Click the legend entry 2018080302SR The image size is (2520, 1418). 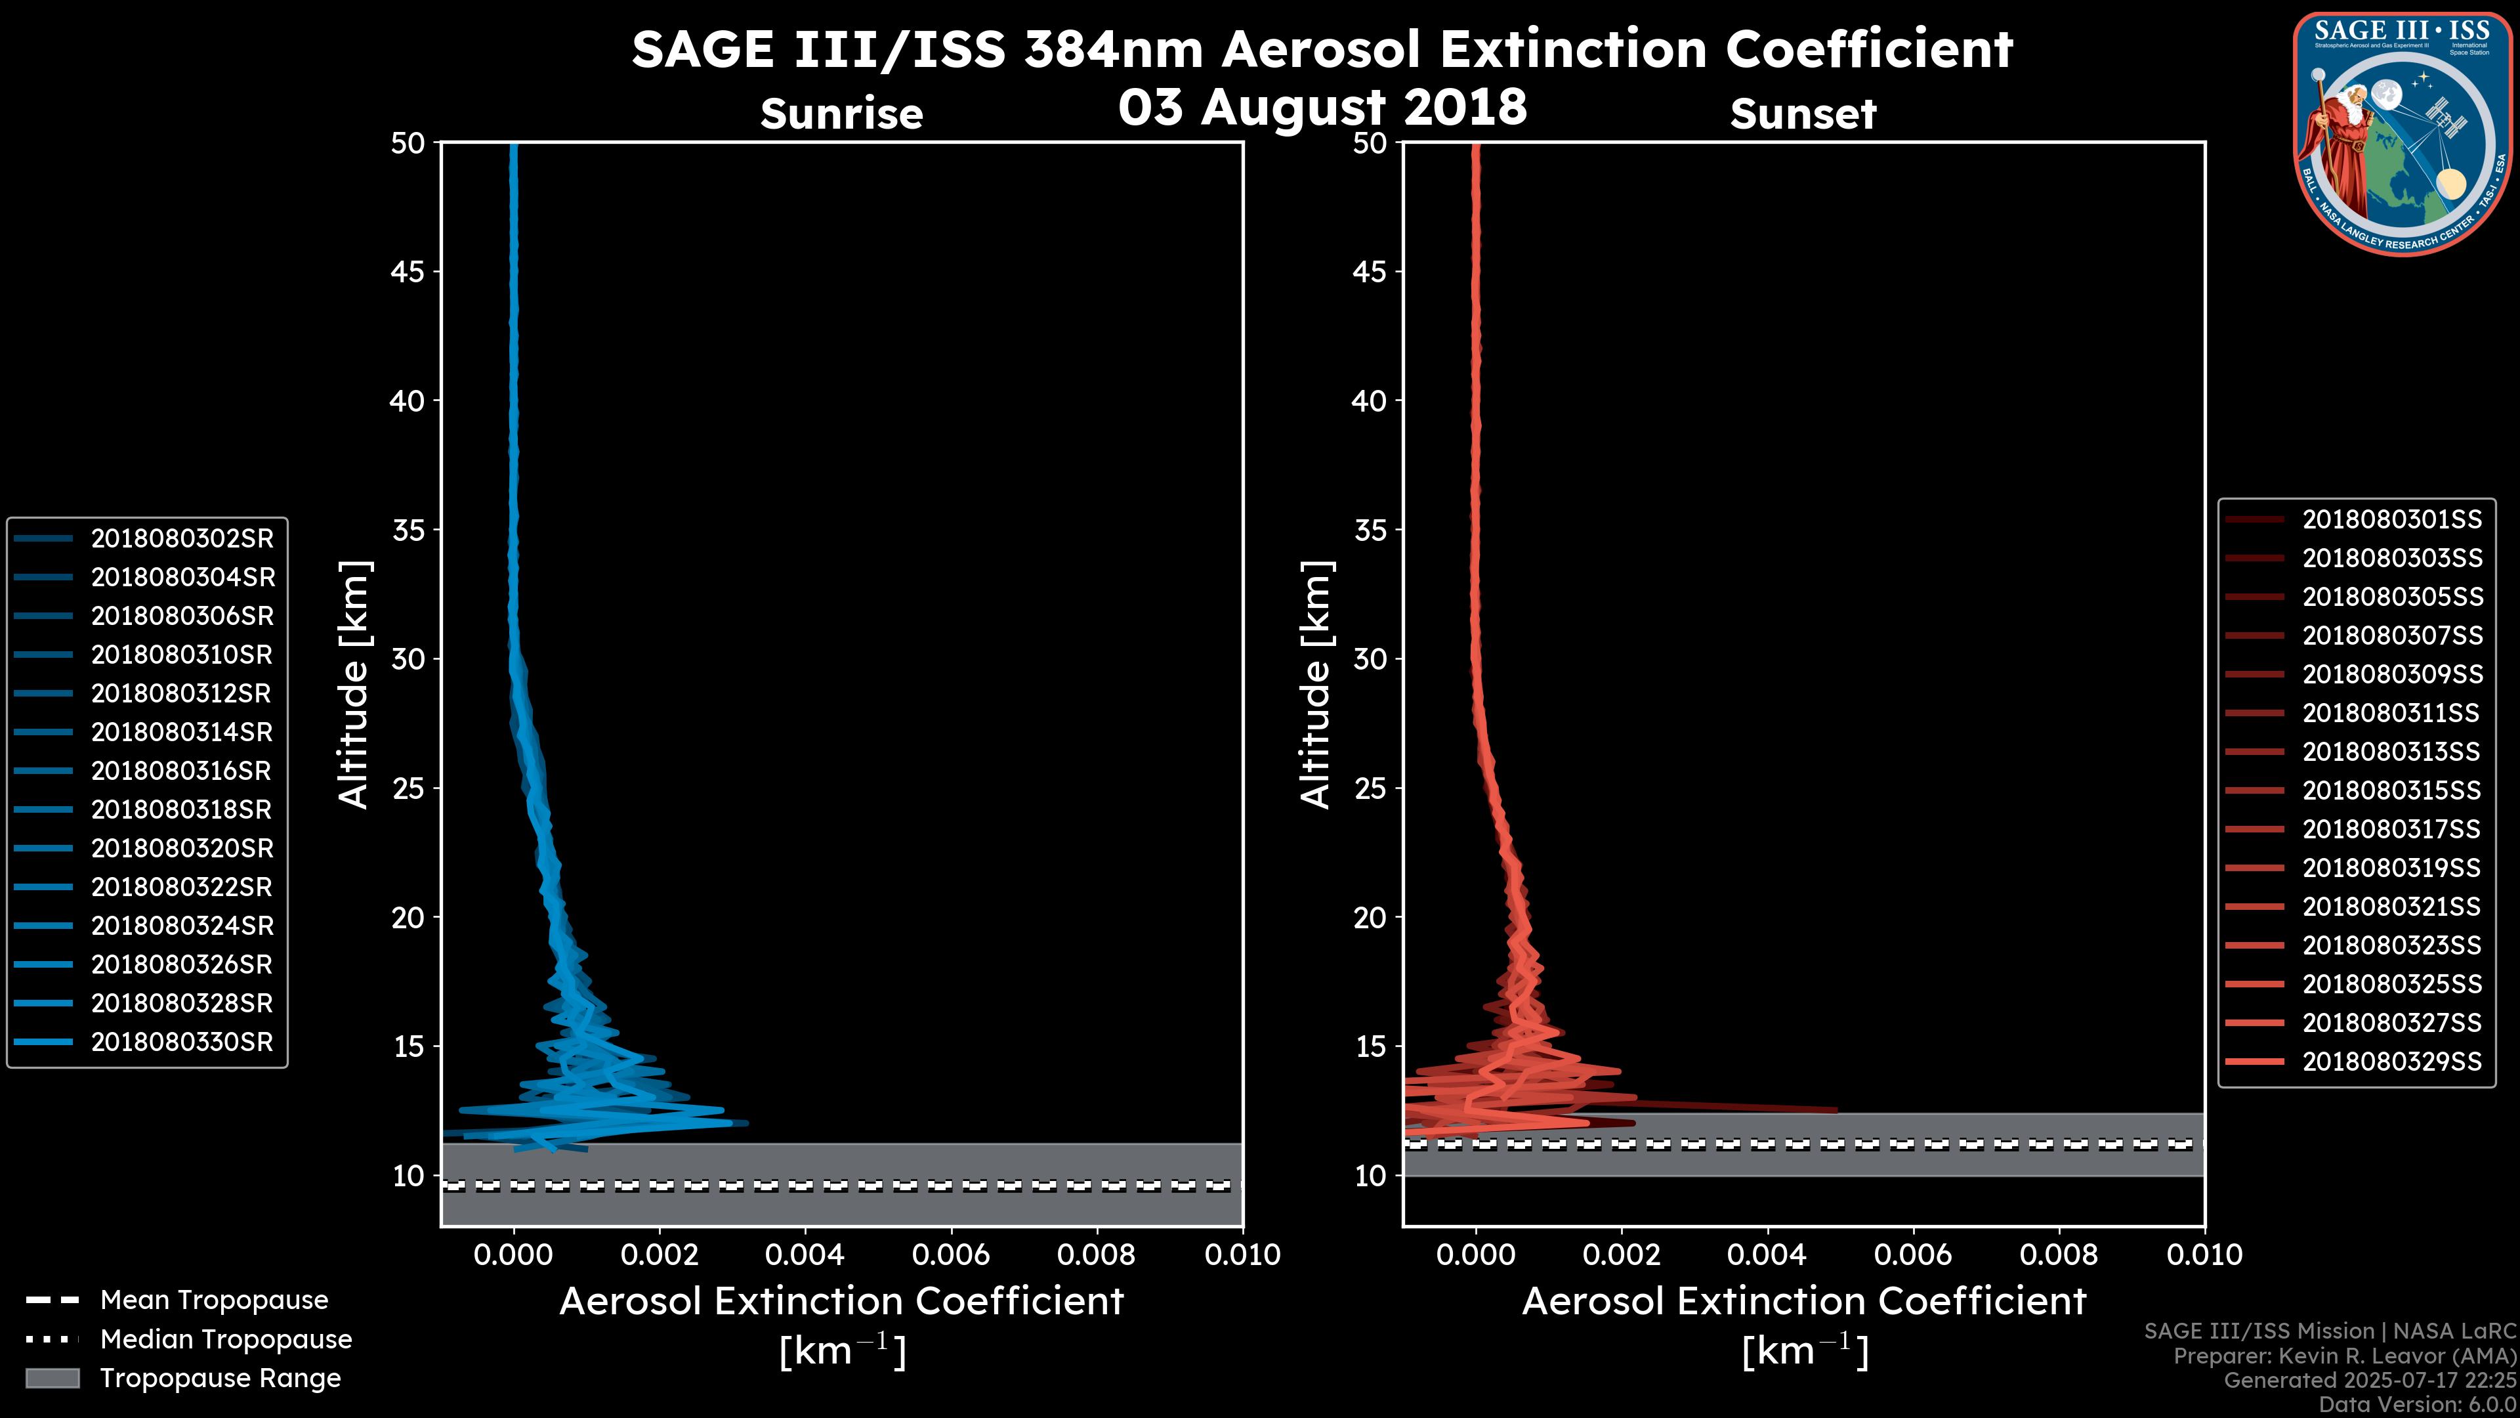[182, 538]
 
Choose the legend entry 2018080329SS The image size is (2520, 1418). [2392, 1061]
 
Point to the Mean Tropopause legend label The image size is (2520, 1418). [214, 1300]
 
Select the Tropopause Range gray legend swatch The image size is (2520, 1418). [52, 1378]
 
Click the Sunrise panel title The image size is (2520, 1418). [841, 114]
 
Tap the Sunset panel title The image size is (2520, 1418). [1803, 114]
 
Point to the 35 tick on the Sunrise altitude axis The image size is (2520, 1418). [409, 530]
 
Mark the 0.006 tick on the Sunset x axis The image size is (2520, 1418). [1914, 1254]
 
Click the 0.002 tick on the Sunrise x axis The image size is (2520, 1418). [660, 1254]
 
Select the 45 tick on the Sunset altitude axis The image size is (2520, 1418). [1370, 272]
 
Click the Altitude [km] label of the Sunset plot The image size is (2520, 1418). [1316, 685]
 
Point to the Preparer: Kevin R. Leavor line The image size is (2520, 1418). [2344, 1356]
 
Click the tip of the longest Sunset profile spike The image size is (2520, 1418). [1836, 1109]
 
